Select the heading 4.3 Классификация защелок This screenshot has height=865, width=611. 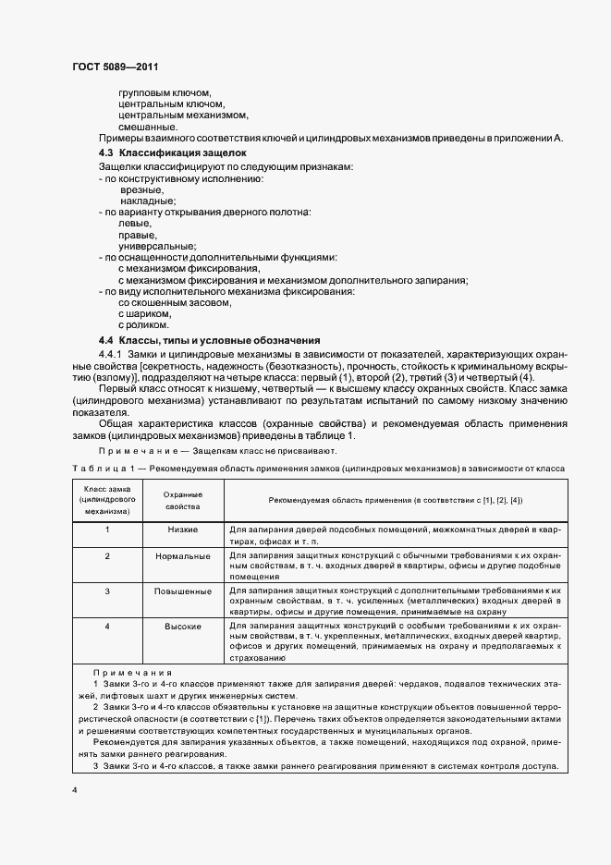click(172, 152)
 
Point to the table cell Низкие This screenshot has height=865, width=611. click(183, 530)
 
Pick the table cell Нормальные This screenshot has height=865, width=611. click(183, 556)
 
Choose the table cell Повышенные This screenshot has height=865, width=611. click(183, 591)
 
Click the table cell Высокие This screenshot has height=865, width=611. click(183, 626)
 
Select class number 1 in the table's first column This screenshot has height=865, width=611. click(107, 530)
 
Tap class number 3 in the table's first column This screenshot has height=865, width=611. click(107, 591)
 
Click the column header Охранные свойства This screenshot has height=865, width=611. click(183, 500)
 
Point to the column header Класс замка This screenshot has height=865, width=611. click(107, 500)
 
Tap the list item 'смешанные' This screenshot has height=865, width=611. click(148, 127)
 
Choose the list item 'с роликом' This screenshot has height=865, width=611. click(143, 325)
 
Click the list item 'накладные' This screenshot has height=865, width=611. click(148, 201)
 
